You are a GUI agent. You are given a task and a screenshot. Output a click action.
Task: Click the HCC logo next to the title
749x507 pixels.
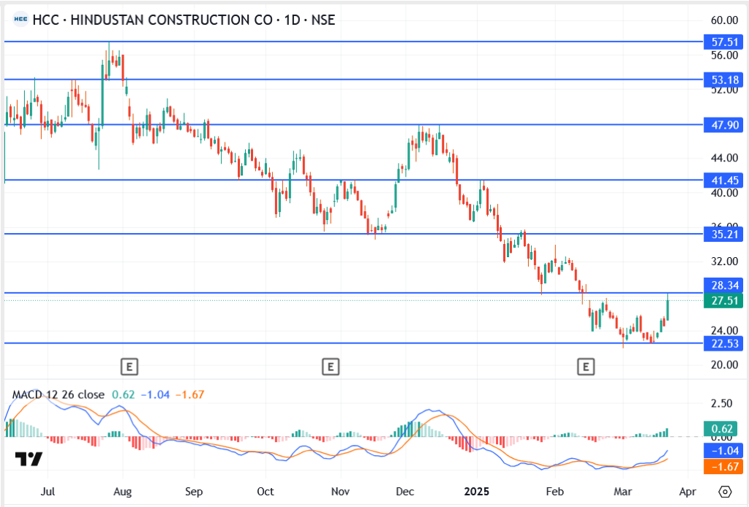click(x=21, y=20)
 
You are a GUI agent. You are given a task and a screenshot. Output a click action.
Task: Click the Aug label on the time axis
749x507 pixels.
click(x=123, y=491)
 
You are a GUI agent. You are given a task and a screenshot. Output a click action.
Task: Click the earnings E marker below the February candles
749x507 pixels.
click(x=585, y=366)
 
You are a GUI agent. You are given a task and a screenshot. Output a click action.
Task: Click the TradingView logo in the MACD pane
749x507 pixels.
click(x=29, y=459)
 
